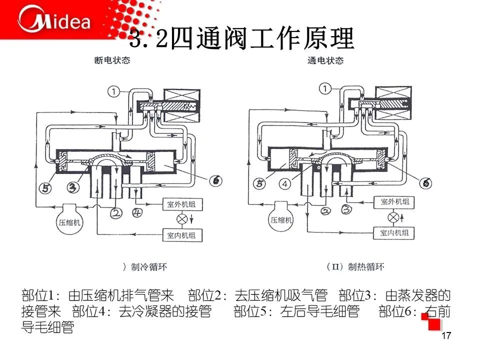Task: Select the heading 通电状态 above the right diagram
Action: point(325,60)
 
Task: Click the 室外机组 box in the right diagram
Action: point(394,202)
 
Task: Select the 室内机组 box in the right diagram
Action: point(394,233)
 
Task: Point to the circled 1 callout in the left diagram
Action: point(114,91)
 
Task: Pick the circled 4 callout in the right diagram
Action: point(285,183)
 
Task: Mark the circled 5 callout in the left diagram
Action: point(45,187)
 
